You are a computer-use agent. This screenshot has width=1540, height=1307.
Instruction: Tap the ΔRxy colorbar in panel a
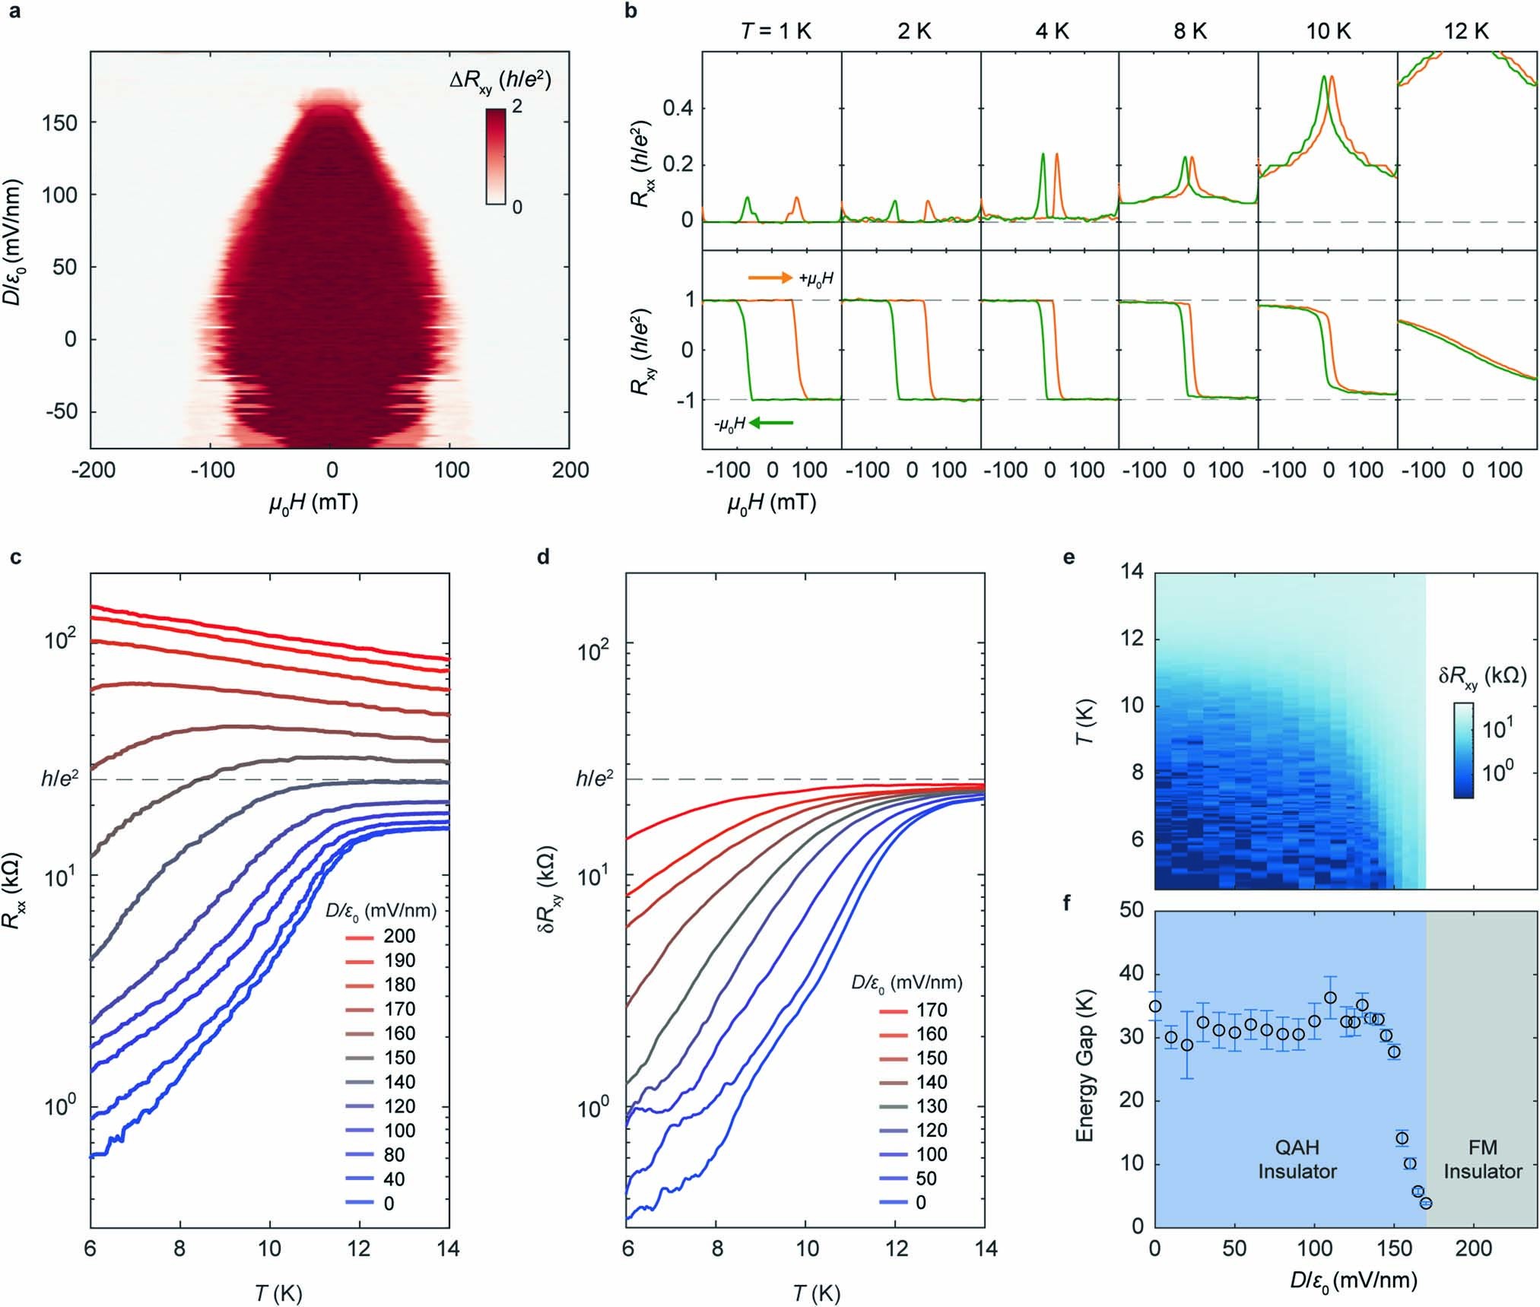click(495, 157)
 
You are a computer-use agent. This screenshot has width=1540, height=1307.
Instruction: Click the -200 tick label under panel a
click(93, 470)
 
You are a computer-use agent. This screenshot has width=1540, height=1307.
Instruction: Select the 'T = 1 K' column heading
click(772, 31)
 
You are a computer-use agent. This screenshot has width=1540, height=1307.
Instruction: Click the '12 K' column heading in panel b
click(1467, 31)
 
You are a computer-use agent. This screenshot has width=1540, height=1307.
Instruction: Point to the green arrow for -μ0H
click(771, 424)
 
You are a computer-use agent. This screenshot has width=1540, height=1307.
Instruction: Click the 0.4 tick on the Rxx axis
click(678, 109)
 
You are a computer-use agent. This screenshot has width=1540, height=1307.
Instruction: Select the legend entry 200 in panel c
click(398, 936)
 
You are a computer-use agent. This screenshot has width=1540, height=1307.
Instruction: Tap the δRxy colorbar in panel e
click(1462, 750)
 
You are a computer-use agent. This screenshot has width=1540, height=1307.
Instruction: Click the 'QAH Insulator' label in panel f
click(1297, 1159)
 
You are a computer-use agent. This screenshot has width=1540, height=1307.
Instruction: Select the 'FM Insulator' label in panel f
click(1482, 1159)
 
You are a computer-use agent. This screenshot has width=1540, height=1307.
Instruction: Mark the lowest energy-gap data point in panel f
click(1426, 1203)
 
